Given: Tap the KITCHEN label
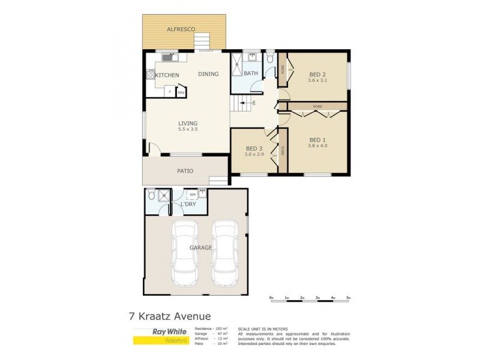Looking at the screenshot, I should point(167,75).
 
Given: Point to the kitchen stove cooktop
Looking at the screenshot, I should point(148,75).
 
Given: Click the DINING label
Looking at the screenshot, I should point(208,74).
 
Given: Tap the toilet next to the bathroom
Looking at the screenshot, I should point(271,58).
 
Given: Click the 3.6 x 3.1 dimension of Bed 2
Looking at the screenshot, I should point(318,80).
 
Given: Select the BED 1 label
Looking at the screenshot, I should point(317,139).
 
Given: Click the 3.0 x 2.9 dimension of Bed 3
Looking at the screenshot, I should point(254,154).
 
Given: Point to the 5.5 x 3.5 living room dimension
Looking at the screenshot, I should point(188,130).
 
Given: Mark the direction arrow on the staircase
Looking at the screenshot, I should point(244,103).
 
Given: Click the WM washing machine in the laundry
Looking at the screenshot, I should point(193,194).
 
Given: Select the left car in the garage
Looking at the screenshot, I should point(185,253).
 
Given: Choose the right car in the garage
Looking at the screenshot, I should point(224,253).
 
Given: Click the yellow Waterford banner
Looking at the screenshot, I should point(160,341).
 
